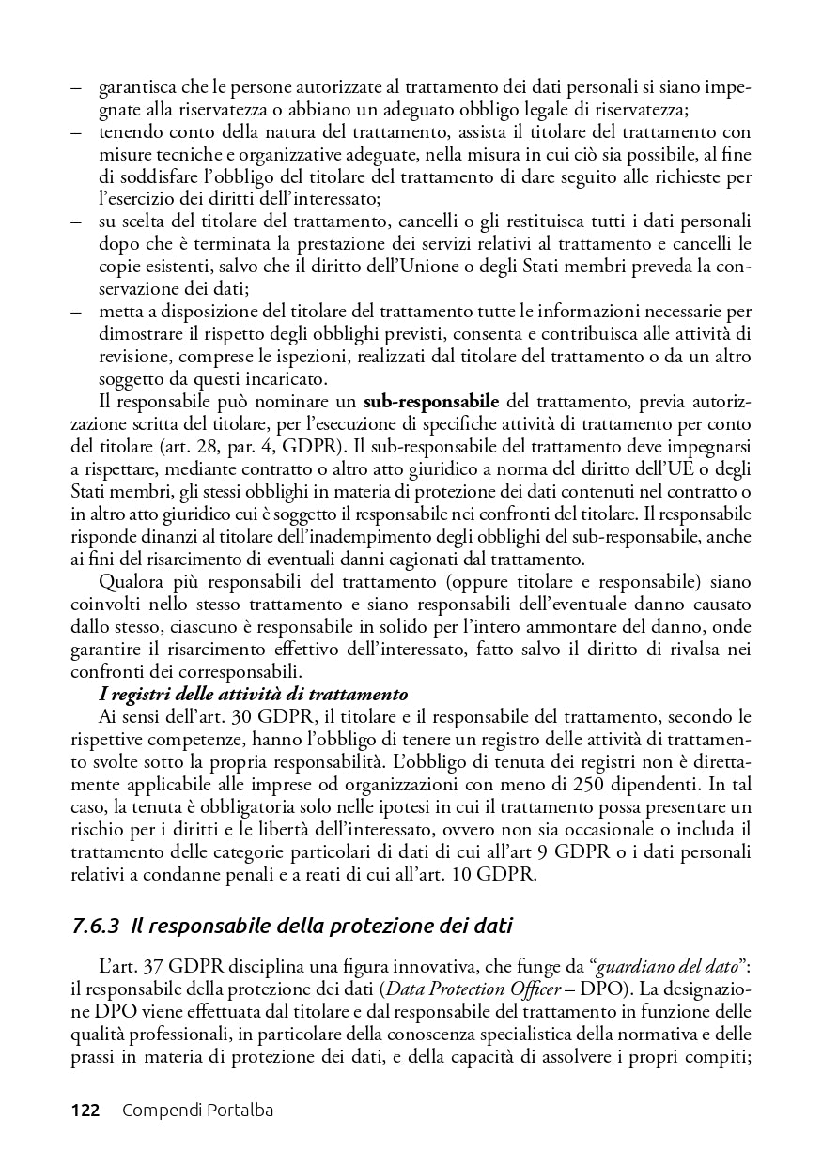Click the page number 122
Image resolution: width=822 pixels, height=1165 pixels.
tap(85, 1111)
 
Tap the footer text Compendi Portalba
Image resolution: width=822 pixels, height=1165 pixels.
tap(197, 1111)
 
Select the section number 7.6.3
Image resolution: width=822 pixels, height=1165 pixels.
tap(95, 927)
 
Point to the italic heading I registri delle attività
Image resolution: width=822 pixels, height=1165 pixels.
tap(253, 695)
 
